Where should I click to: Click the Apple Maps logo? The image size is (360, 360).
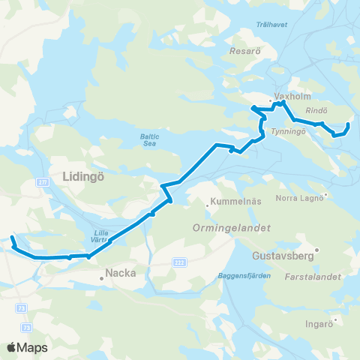pos(27,347)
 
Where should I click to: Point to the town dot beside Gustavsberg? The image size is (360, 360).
pos(317,250)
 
